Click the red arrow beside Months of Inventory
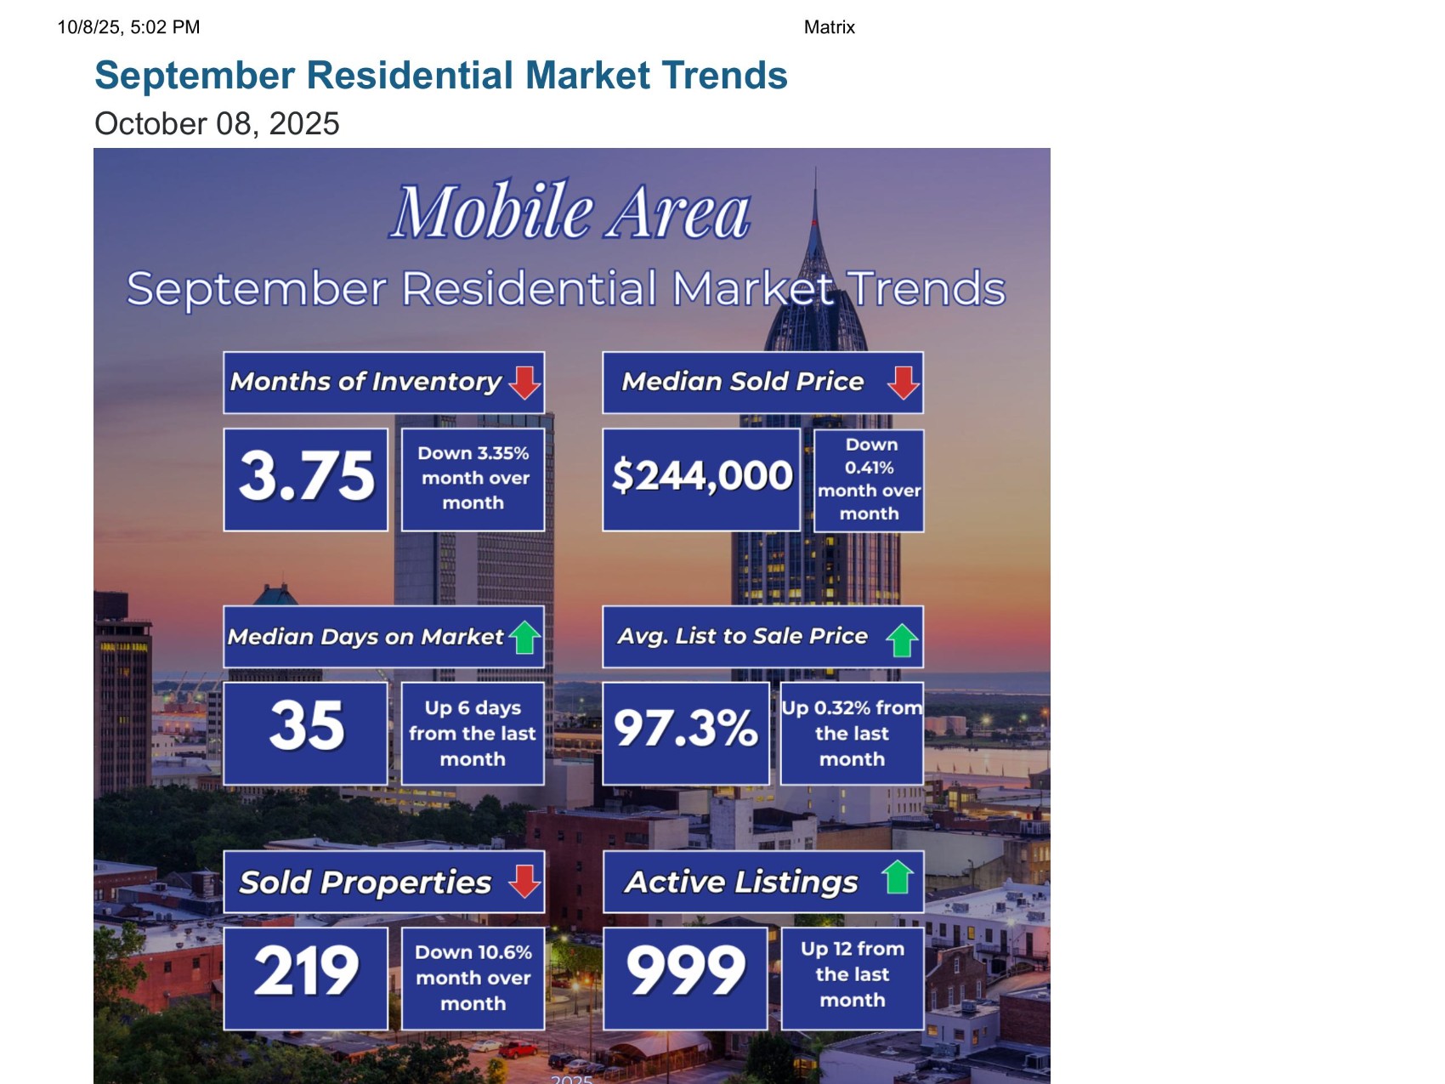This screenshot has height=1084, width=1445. (x=524, y=383)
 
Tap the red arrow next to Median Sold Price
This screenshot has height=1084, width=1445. (x=903, y=383)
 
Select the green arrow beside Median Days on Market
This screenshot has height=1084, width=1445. (x=525, y=637)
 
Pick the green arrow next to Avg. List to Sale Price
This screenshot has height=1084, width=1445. (x=902, y=640)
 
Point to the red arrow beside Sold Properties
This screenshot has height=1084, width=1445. (x=524, y=882)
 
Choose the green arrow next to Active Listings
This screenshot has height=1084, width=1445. (x=897, y=877)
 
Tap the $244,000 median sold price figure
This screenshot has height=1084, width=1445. (x=702, y=475)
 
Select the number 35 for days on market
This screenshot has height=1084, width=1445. (x=307, y=726)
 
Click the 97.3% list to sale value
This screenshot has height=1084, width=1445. (x=686, y=728)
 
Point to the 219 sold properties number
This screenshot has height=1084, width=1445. (x=306, y=971)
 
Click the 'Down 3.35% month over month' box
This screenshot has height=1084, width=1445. (x=473, y=480)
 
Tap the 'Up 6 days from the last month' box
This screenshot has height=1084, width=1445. (x=473, y=734)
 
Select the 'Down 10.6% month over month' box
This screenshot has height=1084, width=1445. (x=473, y=979)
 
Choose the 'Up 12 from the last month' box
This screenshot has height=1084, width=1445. (x=853, y=979)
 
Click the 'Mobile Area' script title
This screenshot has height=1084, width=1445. (x=570, y=211)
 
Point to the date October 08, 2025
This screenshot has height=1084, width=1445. (x=217, y=124)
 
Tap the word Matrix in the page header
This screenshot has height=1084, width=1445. (x=830, y=27)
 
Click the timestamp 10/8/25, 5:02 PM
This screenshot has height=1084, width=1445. (x=128, y=27)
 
